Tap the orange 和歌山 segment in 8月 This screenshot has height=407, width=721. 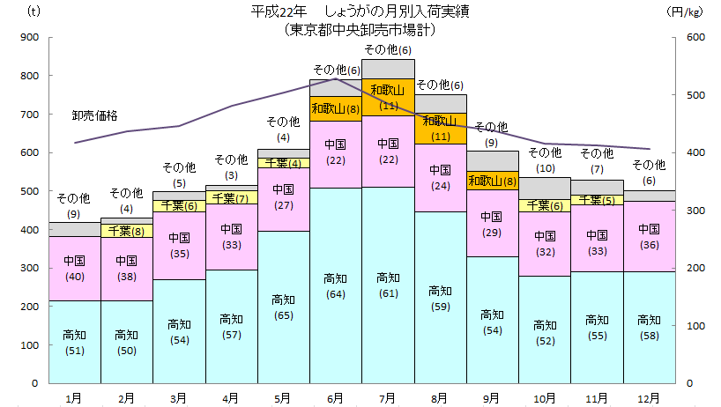point(440,129)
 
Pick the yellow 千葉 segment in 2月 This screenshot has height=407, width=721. point(127,231)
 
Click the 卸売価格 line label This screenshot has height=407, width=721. point(94,115)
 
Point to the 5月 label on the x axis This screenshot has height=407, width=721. point(283,398)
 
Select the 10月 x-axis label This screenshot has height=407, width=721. point(545,398)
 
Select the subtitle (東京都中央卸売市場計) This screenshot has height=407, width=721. point(360,28)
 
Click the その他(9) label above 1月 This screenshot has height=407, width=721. point(74,205)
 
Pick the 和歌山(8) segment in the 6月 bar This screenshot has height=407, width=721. point(335,108)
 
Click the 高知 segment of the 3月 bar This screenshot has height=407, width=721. point(179,331)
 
